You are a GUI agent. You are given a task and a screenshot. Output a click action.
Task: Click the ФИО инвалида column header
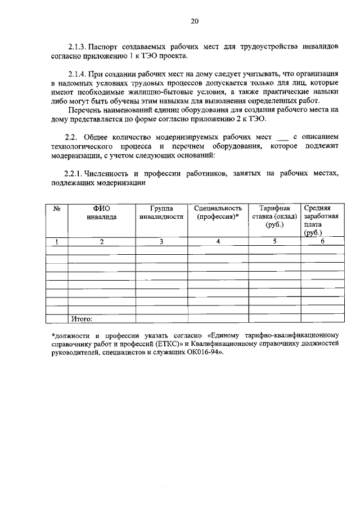pos(102,213)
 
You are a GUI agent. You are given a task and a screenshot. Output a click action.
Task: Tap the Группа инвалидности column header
pos(161,213)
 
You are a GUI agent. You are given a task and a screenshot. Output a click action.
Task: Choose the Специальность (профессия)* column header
pos(218,213)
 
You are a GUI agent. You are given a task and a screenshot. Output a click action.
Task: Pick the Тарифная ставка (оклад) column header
pos(274,217)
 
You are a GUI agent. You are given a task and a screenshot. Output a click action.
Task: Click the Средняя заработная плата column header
pos(320,220)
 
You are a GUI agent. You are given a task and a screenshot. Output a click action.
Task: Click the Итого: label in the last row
pos(82,319)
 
